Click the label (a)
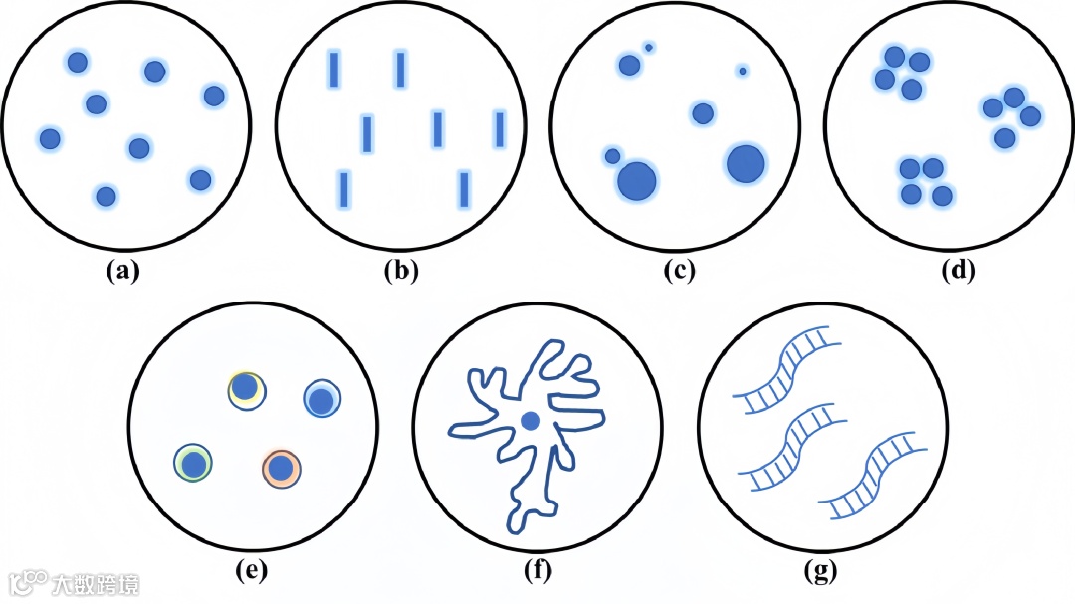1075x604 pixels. point(124,271)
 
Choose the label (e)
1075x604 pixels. point(251,571)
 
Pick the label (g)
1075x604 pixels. point(820,571)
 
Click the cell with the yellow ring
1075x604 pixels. point(245,389)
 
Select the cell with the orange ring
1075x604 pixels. point(282,467)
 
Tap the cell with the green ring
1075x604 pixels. point(193,463)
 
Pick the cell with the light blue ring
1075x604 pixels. point(322,400)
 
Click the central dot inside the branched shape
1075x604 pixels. point(531,422)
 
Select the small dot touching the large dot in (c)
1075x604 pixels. point(612,156)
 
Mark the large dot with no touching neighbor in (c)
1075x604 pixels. point(745,164)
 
